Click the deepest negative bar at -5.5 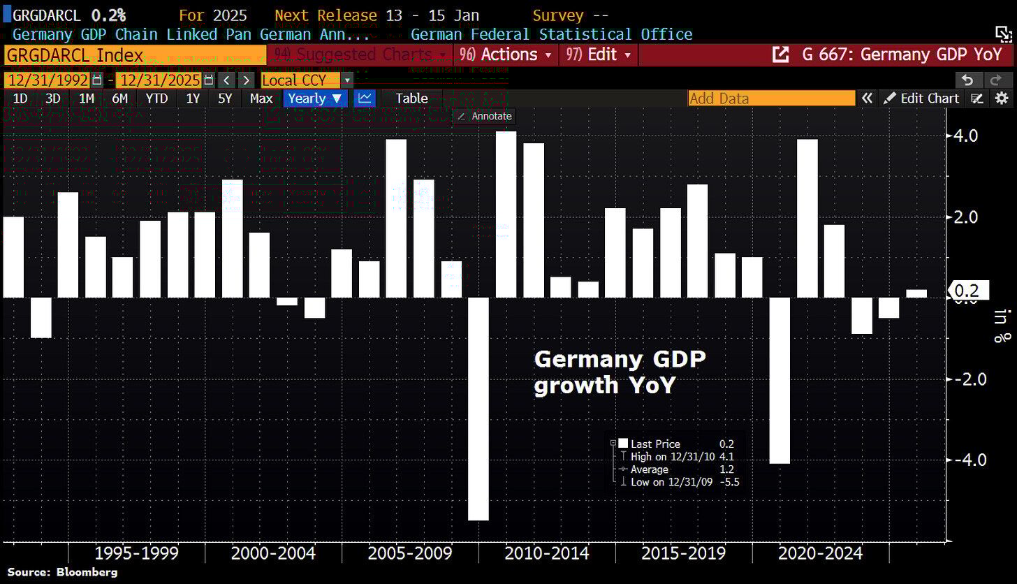click(x=478, y=409)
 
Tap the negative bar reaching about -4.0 click(x=780, y=380)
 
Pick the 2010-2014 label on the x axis click(x=547, y=554)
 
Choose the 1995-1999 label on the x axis click(x=136, y=554)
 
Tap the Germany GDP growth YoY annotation click(x=620, y=372)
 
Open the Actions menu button click(x=505, y=54)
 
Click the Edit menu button click(x=599, y=54)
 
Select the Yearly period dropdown click(x=314, y=98)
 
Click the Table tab click(x=411, y=98)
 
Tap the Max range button click(x=261, y=98)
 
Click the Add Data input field click(x=770, y=98)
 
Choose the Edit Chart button click(x=921, y=98)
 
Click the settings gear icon click(x=1002, y=98)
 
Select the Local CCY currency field click(x=302, y=80)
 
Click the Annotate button click(x=484, y=116)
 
